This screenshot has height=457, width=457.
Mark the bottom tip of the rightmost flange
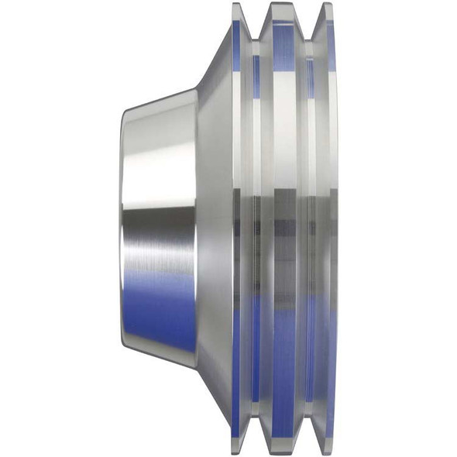click(x=328, y=452)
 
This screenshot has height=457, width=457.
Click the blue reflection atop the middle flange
click(x=283, y=39)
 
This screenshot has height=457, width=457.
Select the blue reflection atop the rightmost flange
click(x=331, y=46)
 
